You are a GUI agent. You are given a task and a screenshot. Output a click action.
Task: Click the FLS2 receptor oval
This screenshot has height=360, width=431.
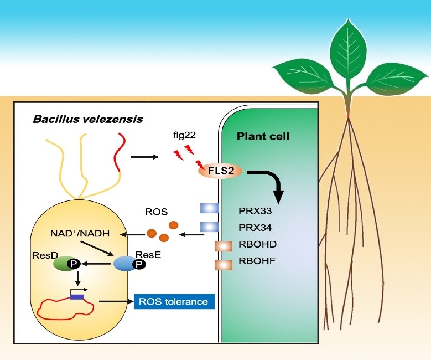coord(220,172)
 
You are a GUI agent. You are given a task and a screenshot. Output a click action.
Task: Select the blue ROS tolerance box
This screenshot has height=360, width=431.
coord(174,302)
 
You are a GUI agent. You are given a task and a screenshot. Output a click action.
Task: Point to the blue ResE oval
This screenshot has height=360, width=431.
coord(126,263)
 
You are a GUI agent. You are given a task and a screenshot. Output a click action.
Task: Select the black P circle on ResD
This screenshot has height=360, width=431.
coord(71,264)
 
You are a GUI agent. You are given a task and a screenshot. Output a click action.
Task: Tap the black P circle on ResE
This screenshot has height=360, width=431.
coord(138,264)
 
